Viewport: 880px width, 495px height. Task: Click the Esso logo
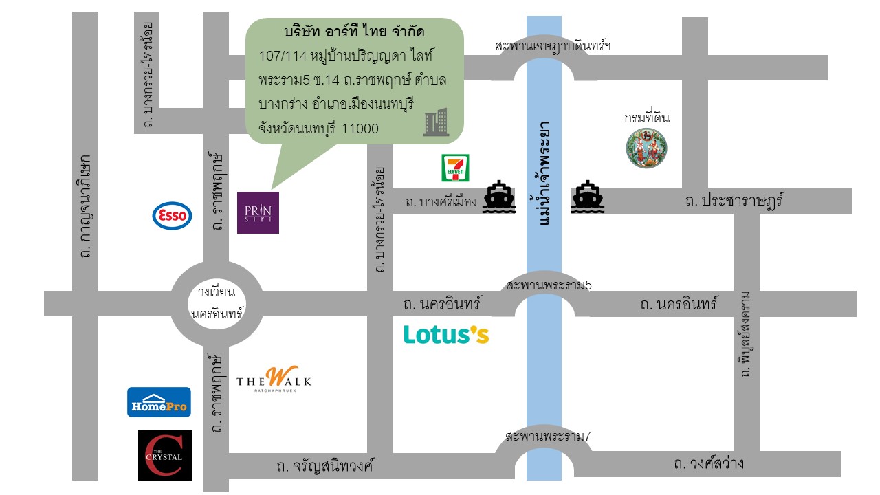coord(172,216)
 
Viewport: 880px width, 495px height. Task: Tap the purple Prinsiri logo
coord(258,212)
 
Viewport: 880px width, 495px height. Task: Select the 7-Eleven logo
coord(455,168)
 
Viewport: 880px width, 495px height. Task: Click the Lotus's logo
coord(446,334)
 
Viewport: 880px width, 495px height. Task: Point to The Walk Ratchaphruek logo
coord(274,380)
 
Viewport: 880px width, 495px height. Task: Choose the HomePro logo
coord(159,402)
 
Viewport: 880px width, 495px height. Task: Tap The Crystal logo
coord(165,455)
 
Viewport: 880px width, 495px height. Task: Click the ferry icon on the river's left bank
coord(499,197)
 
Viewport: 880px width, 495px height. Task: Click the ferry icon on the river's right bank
coord(587,197)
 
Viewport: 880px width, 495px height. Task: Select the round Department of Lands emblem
coord(647,148)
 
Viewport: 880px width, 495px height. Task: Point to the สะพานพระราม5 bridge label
coord(548,285)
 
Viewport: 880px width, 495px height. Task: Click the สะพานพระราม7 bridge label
coord(548,436)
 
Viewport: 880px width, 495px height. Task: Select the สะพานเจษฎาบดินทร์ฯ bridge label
coord(553,46)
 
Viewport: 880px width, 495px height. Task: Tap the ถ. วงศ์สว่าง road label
coord(709,463)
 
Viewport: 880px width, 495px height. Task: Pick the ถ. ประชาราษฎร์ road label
coord(735,201)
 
